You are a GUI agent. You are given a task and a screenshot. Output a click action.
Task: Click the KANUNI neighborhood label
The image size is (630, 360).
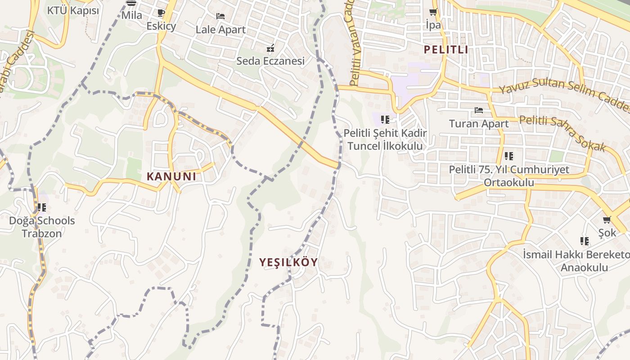coord(171,176)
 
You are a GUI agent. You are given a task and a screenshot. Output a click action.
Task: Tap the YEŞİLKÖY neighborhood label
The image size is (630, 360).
coord(288,262)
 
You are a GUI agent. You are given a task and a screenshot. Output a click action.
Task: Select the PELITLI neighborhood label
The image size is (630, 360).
coord(446,49)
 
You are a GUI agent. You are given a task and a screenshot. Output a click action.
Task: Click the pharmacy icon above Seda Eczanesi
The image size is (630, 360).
coord(270,48)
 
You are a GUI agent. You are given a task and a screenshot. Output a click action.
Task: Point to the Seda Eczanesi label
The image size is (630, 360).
coord(270,61)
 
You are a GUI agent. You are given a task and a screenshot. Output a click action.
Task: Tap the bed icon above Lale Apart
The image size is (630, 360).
coord(220,16)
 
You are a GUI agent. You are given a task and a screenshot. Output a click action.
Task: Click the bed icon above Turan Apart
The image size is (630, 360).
coord(479,110)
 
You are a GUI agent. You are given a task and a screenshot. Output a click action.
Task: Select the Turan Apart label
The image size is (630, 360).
coord(479,123)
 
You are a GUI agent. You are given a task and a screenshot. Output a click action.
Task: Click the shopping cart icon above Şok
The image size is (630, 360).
coord(607,220)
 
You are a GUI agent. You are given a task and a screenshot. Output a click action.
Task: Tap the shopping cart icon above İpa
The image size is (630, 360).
coord(433,12)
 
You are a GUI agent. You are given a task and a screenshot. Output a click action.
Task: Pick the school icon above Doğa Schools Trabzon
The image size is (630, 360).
coord(42,207)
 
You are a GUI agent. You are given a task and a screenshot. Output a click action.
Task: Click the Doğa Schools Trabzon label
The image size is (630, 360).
coord(42,227)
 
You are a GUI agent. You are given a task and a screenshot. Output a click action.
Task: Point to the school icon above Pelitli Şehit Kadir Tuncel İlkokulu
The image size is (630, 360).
coord(385,120)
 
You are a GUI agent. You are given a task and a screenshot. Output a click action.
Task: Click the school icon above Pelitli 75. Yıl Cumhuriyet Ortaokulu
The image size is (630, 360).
coord(509,156)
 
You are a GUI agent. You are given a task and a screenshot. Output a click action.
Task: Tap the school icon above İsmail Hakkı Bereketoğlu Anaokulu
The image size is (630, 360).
coord(585,241)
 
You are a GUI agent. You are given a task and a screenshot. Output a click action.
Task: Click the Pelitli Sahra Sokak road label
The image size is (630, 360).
coord(562,133)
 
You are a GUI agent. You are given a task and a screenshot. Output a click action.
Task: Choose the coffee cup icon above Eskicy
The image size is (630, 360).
coord(161,13)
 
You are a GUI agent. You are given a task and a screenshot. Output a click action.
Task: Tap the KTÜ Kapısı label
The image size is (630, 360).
coord(73,10)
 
